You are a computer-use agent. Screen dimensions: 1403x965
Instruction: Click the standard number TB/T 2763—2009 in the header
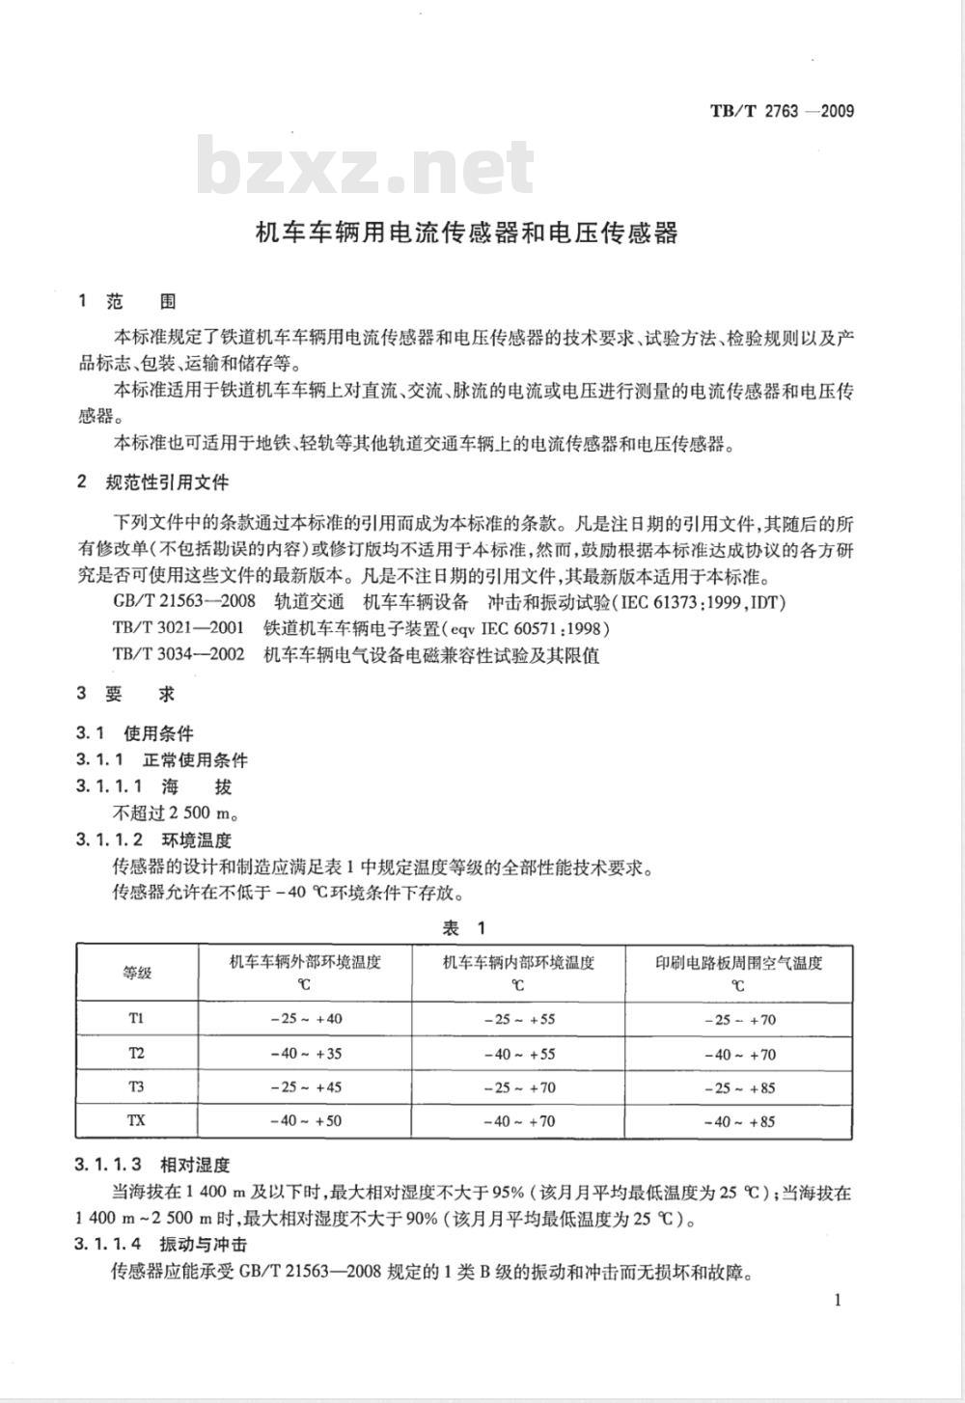tap(782, 111)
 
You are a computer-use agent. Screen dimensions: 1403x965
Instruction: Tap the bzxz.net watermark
tap(366, 169)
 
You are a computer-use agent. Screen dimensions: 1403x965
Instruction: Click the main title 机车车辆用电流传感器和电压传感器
tap(466, 233)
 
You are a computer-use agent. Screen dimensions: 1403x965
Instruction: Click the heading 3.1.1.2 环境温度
tap(154, 839)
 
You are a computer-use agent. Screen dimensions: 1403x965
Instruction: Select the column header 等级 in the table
tap(137, 973)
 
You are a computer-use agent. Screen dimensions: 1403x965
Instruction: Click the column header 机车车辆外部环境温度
tap(305, 962)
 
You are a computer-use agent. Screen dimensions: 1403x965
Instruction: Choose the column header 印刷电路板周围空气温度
tap(739, 962)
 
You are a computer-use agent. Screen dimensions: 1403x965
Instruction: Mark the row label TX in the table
tap(137, 1120)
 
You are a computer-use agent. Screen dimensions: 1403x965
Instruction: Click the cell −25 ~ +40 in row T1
tap(305, 1019)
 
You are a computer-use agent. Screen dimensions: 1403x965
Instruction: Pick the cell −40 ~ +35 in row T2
tap(305, 1053)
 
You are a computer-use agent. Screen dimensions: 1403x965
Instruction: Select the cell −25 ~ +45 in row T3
tap(305, 1087)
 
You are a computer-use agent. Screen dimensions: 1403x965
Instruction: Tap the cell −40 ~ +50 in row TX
tap(305, 1121)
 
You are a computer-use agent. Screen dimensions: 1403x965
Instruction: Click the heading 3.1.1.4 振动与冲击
tap(161, 1245)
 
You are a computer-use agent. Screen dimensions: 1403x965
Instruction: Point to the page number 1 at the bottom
tap(837, 1299)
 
